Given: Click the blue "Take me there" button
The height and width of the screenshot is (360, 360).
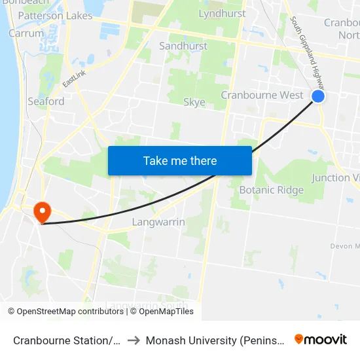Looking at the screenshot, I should [x=179, y=160].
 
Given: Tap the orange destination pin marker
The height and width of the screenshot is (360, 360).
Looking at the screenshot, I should [x=43, y=211].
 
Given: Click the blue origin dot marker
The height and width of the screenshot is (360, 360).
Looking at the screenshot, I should [x=317, y=96].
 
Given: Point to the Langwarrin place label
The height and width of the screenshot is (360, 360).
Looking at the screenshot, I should [x=158, y=222].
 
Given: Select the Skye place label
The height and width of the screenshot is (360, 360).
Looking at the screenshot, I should [x=194, y=102].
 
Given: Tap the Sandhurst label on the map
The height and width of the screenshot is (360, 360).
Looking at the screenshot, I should [x=183, y=46].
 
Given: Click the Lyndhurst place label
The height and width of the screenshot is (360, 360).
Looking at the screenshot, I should [x=222, y=13].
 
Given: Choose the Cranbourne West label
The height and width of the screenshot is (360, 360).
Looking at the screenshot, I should [x=262, y=95].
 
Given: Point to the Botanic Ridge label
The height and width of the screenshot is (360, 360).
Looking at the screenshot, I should [x=271, y=190].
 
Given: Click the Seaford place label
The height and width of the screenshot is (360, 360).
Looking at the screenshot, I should [x=46, y=101].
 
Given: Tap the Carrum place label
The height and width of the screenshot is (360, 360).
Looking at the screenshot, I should [x=26, y=33].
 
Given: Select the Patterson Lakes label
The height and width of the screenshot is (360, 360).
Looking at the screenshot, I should [x=55, y=16].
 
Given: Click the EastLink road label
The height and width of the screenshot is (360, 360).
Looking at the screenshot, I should [x=74, y=79].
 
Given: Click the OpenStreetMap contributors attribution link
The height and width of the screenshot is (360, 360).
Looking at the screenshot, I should [x=65, y=312].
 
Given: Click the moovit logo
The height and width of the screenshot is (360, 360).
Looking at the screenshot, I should [x=321, y=339].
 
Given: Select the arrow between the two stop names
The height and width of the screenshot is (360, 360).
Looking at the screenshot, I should [x=133, y=340].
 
